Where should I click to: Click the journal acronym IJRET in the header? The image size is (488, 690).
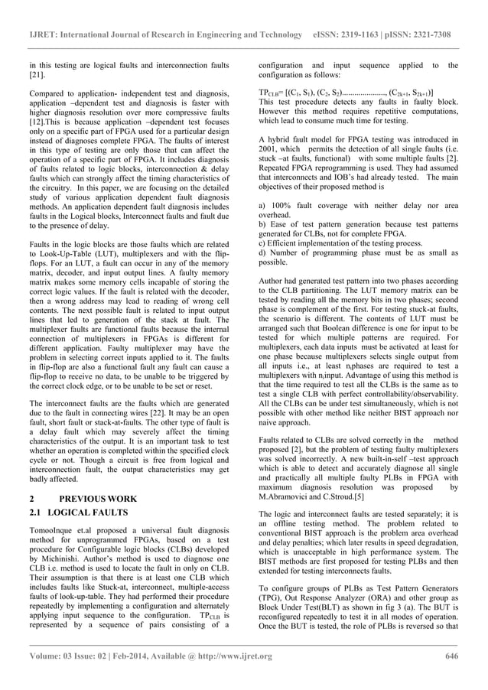44,35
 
